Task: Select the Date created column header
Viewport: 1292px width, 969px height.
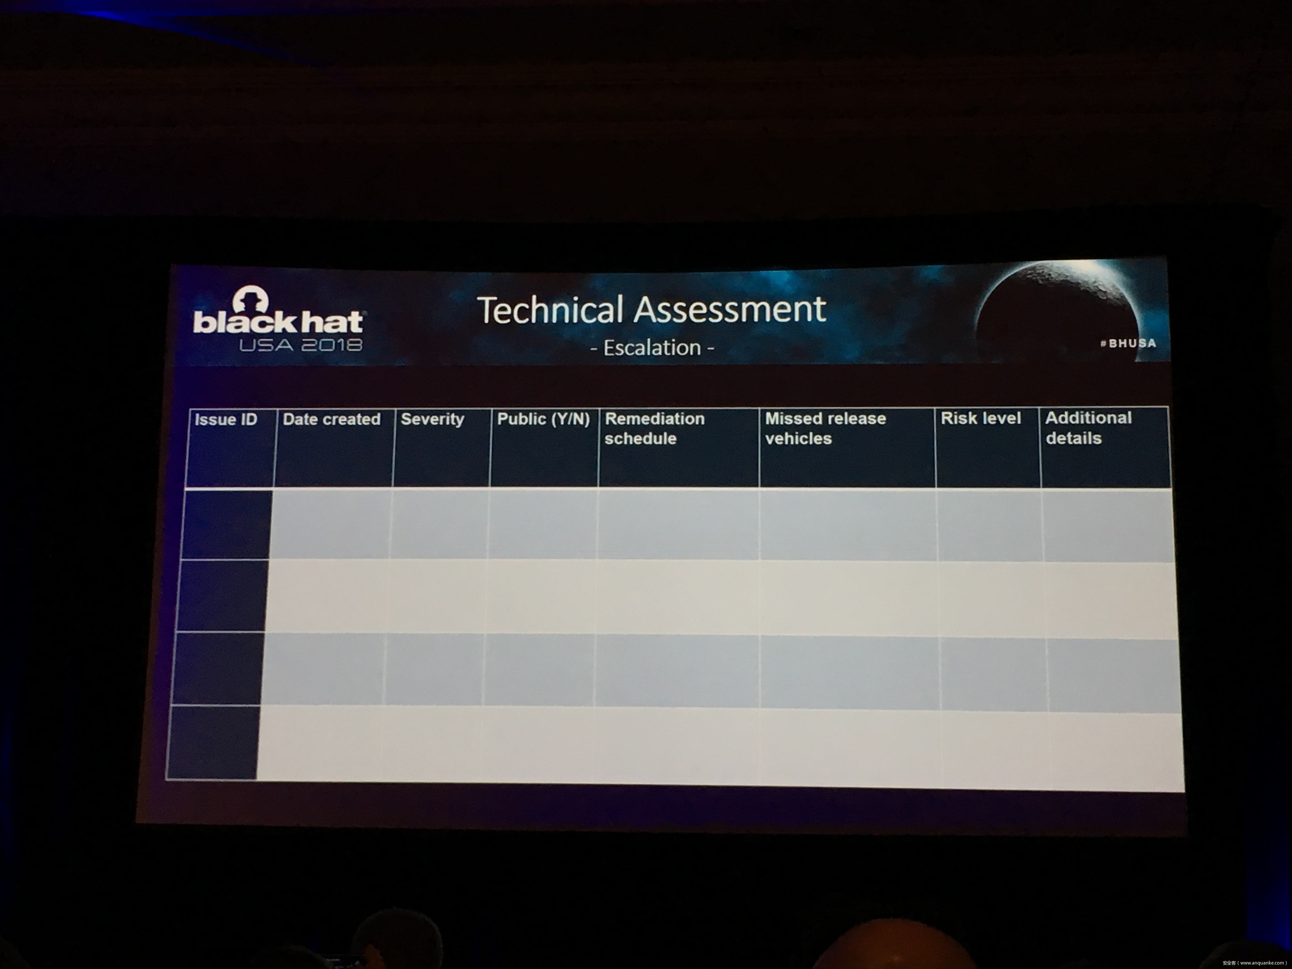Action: point(332,419)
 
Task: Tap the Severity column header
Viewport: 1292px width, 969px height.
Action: point(432,419)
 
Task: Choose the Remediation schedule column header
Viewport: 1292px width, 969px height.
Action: point(655,429)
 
